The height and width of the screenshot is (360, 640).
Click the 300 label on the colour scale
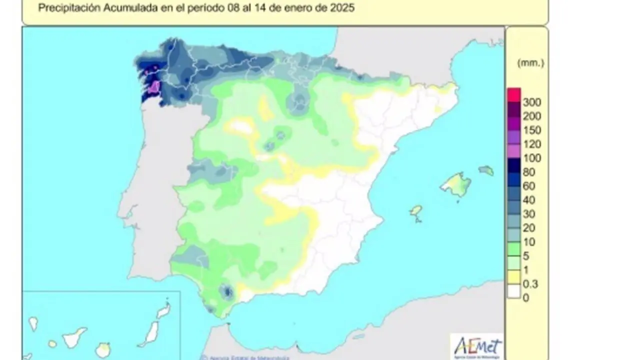point(531,102)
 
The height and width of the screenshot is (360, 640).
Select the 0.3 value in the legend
point(530,284)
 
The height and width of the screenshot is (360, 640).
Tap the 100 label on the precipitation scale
point(531,158)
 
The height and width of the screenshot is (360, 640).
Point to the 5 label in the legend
point(526,256)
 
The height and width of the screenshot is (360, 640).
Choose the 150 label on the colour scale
point(531,130)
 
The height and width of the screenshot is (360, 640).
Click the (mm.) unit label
point(530,63)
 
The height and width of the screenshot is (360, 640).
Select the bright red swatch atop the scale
point(513,95)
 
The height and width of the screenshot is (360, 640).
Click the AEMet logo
point(476,346)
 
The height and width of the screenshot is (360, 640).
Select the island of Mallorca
point(456,184)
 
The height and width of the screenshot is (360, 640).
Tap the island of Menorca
point(486,170)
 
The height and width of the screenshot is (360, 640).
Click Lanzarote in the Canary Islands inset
point(163,310)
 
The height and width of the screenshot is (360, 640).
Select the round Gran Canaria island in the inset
point(103,348)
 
